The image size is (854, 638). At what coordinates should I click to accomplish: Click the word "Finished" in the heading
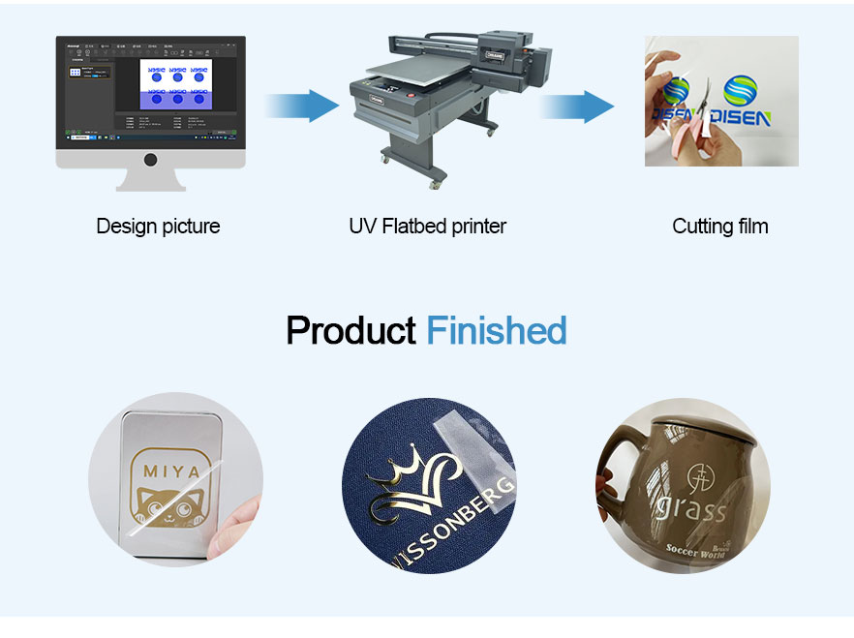click(x=496, y=331)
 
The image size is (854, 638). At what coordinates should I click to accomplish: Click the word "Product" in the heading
click(x=351, y=331)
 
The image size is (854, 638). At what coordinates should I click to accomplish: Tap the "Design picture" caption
click(x=158, y=227)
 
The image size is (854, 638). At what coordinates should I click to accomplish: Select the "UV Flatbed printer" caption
click(x=427, y=227)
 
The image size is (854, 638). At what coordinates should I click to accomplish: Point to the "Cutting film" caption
click(x=719, y=227)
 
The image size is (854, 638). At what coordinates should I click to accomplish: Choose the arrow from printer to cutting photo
click(x=577, y=105)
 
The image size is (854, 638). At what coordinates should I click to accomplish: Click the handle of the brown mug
click(x=612, y=484)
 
